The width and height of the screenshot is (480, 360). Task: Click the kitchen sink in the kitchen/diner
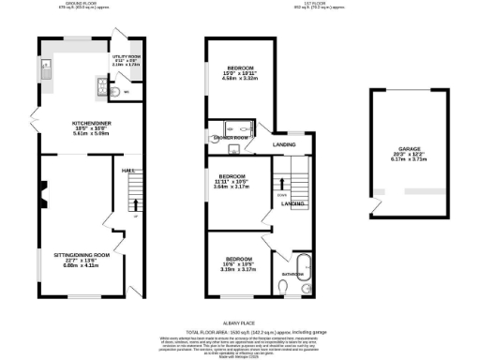tap(45, 67)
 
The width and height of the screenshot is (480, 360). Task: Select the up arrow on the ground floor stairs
tap(137, 203)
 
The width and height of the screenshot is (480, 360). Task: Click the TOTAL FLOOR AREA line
tap(239, 331)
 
